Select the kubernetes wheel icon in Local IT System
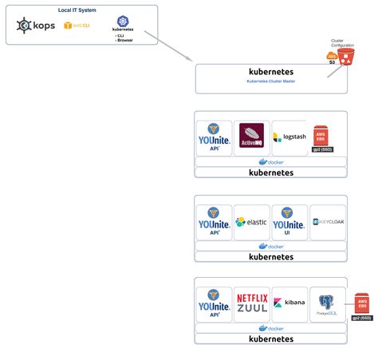(122, 21)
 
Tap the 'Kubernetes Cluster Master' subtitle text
(271, 81)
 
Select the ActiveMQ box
(251, 137)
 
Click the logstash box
(289, 137)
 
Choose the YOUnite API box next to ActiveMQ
(214, 137)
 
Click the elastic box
(251, 222)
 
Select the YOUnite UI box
(289, 222)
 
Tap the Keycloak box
(327, 222)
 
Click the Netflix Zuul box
(251, 304)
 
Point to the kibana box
(289, 304)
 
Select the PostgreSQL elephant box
(327, 304)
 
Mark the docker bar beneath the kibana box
(271, 328)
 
